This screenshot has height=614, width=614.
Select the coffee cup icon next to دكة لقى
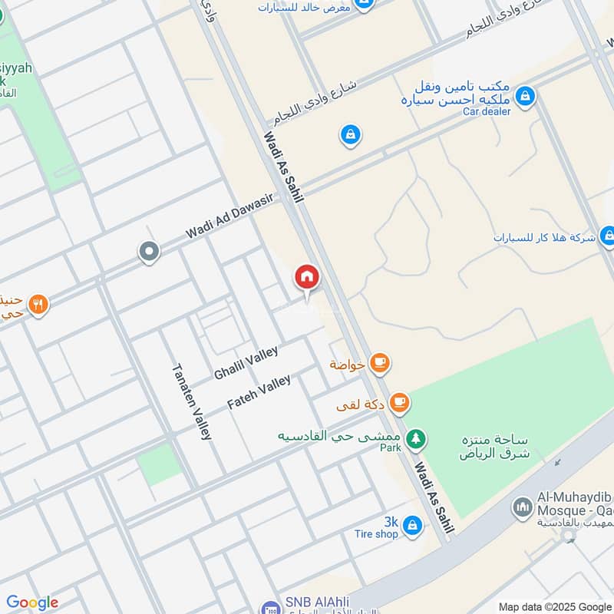398,401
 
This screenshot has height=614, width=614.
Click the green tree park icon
415,437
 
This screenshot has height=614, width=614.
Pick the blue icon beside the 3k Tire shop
412,525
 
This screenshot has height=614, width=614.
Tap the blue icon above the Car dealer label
525,96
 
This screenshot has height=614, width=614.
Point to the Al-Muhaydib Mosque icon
523,508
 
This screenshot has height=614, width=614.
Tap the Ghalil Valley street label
246,362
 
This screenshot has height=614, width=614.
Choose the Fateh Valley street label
259,391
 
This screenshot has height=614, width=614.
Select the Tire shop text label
376,534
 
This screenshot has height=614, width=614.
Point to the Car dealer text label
487,111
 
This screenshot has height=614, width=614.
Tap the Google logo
32,602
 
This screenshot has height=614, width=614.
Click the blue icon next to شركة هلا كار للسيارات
606,237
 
